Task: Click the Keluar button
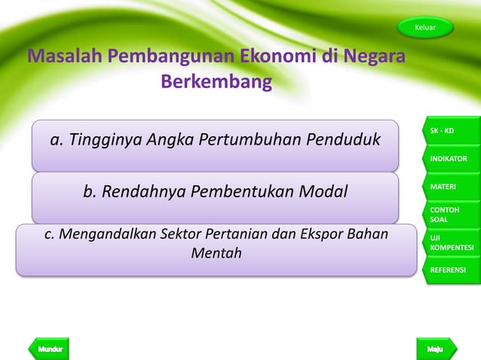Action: (426, 28)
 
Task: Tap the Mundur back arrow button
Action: (48, 349)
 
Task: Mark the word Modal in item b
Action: (323, 192)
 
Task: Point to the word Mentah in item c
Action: (216, 253)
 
